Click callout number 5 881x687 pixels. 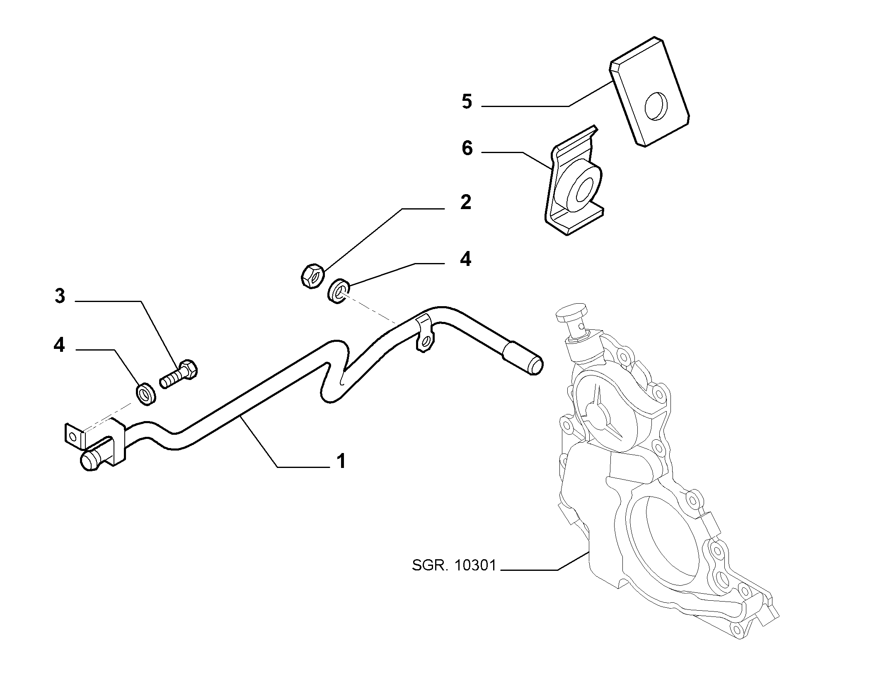pos(467,102)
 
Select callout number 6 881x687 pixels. pos(467,148)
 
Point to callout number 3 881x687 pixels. pos(60,296)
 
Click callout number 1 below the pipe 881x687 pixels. pos(341,461)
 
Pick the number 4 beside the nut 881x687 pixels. pos(465,259)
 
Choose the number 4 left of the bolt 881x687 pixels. pos(59,345)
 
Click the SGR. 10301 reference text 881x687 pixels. pos(454,565)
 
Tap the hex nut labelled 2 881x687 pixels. pos(312,276)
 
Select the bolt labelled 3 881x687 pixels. pos(179,373)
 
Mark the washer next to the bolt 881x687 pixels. pos(146,394)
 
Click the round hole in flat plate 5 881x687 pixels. pos(656,106)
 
